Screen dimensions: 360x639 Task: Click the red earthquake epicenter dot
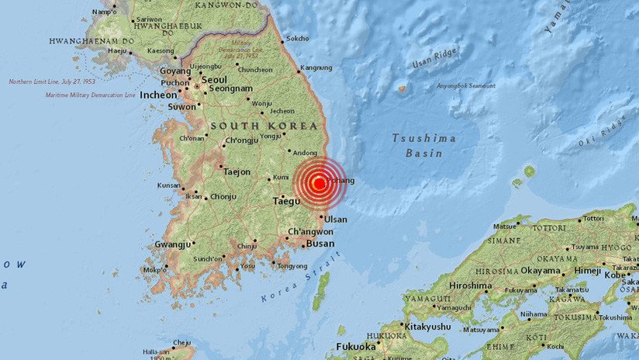pyautogui.click(x=319, y=184)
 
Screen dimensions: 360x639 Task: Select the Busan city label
pyautogui.click(x=319, y=244)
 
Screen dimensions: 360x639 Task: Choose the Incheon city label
pyautogui.click(x=159, y=95)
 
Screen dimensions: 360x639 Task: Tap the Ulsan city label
pyautogui.click(x=336, y=220)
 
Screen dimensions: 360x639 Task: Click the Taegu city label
pyautogui.click(x=286, y=202)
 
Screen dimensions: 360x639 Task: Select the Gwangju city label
pyautogui.click(x=173, y=244)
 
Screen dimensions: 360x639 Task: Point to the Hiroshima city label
pyautogui.click(x=470, y=286)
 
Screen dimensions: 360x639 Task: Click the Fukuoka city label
pyautogui.click(x=356, y=346)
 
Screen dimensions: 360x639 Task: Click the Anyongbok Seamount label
pyautogui.click(x=466, y=86)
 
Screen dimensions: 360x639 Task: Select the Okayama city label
pyautogui.click(x=541, y=271)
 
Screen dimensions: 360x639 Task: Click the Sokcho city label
pyautogui.click(x=297, y=38)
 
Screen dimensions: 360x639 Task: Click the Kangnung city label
pyautogui.click(x=316, y=67)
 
